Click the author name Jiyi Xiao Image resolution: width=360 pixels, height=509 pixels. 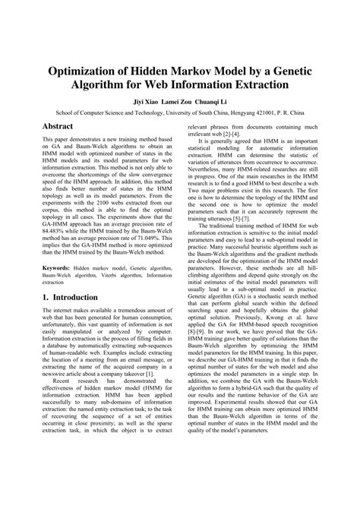[139, 99]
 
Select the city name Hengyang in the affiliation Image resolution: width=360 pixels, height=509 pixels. [234, 110]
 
